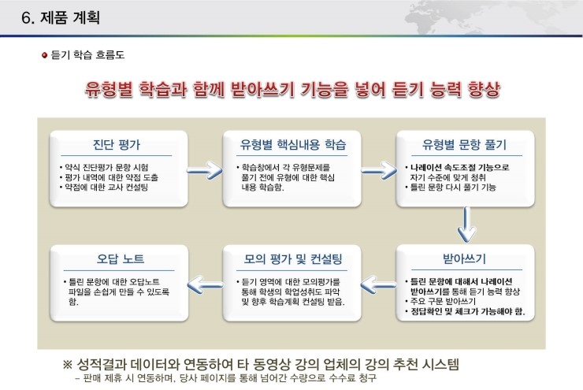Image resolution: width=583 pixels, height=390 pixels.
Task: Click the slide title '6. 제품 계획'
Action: tap(60, 17)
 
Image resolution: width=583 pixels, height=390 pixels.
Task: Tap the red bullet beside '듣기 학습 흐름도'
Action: tap(45, 55)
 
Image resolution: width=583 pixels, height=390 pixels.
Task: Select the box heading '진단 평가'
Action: tap(117, 144)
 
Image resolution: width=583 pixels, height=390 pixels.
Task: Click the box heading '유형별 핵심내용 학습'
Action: tap(293, 144)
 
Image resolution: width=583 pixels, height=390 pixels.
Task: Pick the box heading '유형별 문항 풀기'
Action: tap(464, 144)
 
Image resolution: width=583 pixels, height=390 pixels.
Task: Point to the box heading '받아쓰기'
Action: tap(464, 258)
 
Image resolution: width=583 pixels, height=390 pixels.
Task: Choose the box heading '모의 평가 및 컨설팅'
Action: tap(293, 258)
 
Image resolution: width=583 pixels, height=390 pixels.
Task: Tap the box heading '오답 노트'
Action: tap(121, 258)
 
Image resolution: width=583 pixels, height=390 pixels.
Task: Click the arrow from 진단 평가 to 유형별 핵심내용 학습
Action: tap(205, 171)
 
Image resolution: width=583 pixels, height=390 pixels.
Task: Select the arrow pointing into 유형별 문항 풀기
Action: tap(379, 171)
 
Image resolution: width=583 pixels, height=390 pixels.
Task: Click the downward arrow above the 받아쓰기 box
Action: tap(466, 225)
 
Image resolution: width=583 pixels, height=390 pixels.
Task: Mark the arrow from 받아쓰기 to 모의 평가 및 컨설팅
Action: tap(378, 285)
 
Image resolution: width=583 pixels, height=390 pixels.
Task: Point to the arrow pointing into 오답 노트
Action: tap(206, 285)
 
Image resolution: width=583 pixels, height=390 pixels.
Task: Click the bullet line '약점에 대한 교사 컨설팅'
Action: tap(104, 187)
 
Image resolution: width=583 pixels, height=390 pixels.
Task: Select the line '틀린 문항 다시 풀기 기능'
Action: tap(451, 187)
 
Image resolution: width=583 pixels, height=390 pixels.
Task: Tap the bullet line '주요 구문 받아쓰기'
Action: tap(440, 301)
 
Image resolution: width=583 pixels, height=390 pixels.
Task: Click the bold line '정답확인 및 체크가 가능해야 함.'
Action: tap(465, 311)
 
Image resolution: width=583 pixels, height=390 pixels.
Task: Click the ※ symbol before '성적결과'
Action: tap(68, 364)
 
